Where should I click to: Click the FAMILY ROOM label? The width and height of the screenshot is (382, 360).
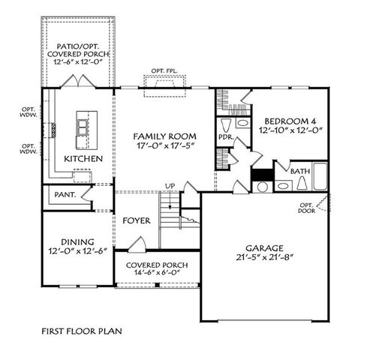(164, 136)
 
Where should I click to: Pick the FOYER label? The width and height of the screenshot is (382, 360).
(137, 221)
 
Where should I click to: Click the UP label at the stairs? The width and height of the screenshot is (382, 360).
(170, 185)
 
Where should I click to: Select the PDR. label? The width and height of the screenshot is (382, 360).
(224, 138)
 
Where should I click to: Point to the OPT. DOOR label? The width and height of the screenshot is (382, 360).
(307, 208)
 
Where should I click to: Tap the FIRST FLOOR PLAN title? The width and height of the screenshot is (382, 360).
(82, 329)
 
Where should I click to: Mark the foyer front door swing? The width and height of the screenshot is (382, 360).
(136, 244)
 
